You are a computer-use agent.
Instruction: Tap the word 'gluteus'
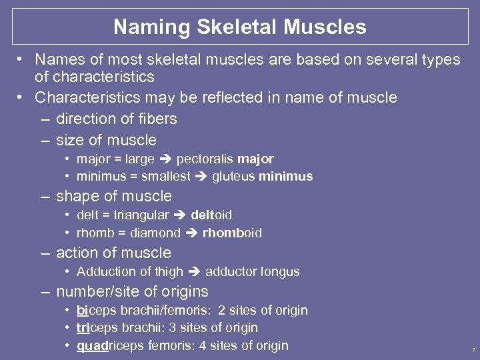[x=234, y=177]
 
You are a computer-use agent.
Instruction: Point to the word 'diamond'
[x=156, y=233]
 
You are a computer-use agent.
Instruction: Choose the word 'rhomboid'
[x=232, y=233]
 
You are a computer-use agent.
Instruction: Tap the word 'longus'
[x=281, y=271]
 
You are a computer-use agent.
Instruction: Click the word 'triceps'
[x=100, y=328]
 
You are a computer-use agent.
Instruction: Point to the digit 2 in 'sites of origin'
[x=221, y=310]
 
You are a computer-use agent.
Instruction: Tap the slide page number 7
[x=473, y=350]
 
